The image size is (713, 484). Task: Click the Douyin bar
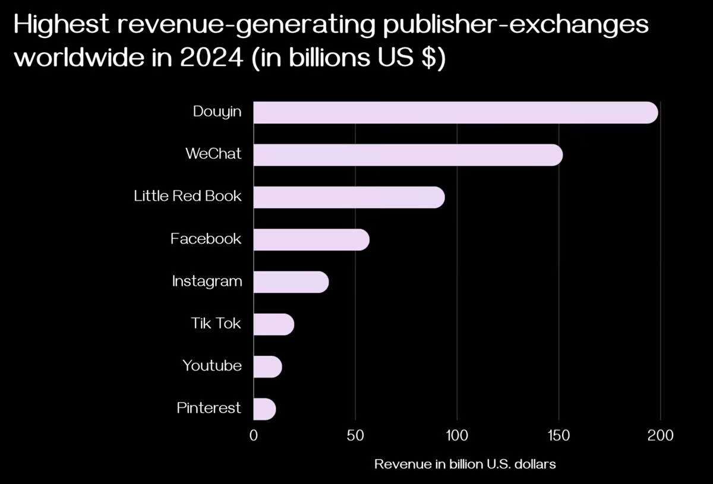tap(455, 112)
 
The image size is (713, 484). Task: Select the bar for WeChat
tap(408, 154)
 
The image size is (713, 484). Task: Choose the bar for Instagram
tap(291, 282)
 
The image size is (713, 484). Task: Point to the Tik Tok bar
tap(273, 324)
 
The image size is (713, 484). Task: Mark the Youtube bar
tap(267, 366)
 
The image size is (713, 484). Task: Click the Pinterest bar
tap(264, 409)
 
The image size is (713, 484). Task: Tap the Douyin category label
tap(217, 112)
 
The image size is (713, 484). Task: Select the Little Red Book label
tap(188, 196)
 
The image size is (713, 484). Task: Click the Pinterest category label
tap(209, 408)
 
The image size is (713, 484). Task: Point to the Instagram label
tap(207, 281)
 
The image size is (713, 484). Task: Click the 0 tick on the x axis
tap(254, 435)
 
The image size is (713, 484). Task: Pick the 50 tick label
tap(355, 435)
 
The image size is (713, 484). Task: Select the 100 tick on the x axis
tap(457, 435)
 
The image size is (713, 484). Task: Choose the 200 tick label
tap(660, 435)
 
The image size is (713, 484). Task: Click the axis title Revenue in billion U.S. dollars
tap(465, 464)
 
